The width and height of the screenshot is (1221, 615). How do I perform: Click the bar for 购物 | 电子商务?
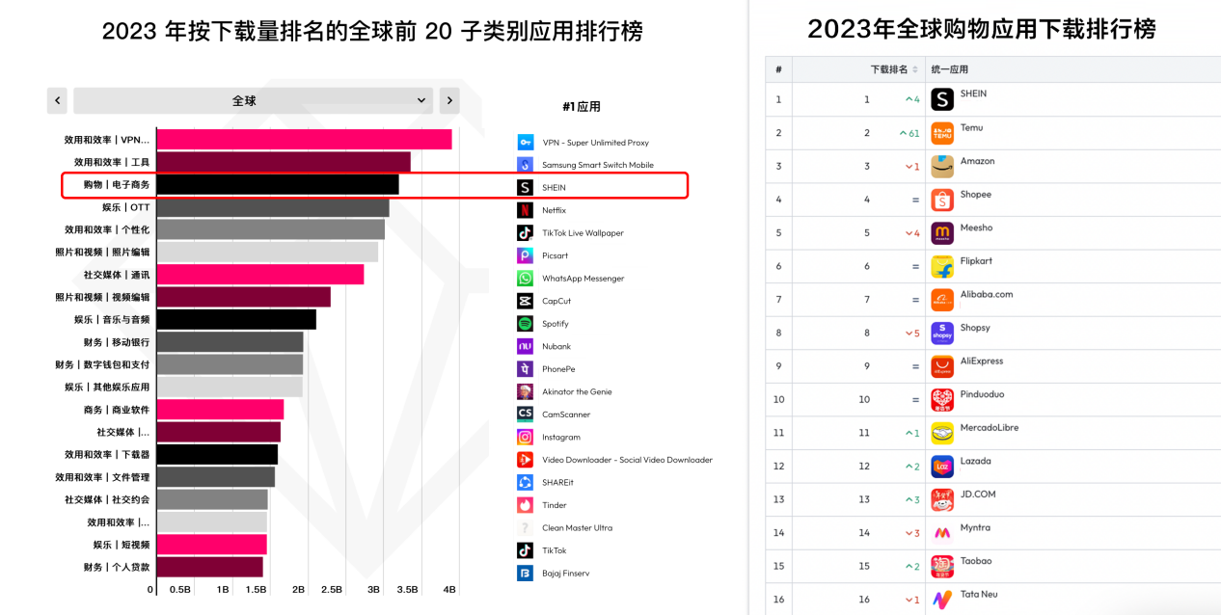click(278, 184)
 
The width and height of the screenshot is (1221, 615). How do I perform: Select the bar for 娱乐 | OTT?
click(273, 207)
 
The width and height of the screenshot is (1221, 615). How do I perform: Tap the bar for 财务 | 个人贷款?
click(209, 567)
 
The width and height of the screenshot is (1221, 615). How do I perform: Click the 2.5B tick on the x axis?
click(331, 589)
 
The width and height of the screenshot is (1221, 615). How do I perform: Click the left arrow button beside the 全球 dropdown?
click(57, 100)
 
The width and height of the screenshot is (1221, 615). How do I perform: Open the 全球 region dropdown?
click(254, 100)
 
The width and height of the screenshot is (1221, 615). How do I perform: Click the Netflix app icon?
click(525, 210)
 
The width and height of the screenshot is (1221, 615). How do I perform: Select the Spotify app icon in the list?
click(525, 324)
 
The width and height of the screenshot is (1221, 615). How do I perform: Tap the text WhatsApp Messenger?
click(583, 279)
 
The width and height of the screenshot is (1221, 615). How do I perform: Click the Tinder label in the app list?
click(554, 505)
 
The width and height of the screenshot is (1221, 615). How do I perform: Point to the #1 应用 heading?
click(581, 107)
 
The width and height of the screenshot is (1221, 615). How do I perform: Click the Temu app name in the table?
click(971, 127)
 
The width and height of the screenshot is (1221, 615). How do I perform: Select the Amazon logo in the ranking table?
click(942, 167)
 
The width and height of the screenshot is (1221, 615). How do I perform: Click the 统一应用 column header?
click(949, 69)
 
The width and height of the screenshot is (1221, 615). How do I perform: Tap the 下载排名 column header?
click(889, 69)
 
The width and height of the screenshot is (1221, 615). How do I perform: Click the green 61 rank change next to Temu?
click(909, 133)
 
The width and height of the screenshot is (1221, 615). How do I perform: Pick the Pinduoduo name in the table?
click(982, 394)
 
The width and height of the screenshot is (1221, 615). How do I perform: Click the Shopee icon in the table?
click(942, 200)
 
